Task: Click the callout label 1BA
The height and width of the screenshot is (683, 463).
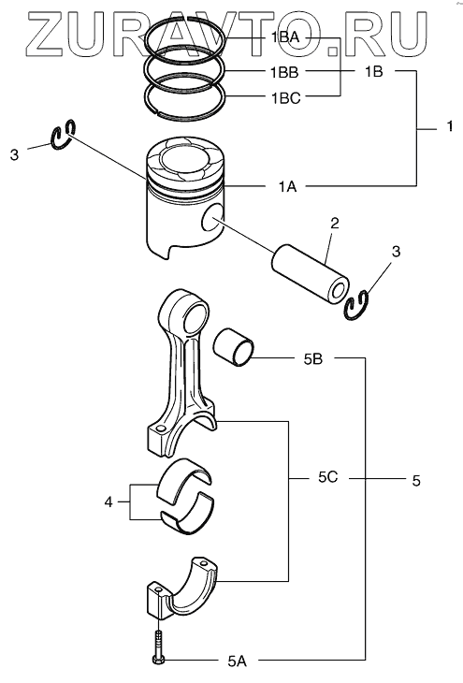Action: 285,38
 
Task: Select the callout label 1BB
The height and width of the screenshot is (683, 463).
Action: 285,72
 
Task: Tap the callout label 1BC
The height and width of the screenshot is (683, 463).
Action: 285,98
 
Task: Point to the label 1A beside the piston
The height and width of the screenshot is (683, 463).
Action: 287,186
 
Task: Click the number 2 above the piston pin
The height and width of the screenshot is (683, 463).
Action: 335,224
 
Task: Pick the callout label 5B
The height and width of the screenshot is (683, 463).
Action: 313,358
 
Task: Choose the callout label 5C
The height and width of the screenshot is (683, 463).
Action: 327,477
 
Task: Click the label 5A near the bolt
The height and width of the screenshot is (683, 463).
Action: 237,661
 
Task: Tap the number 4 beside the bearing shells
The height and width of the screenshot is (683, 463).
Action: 109,502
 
